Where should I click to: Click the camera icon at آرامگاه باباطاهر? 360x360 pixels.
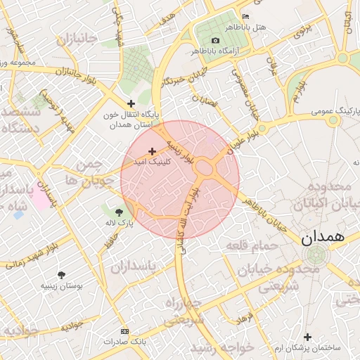coord(214,40)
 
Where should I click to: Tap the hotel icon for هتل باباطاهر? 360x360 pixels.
coord(245,16)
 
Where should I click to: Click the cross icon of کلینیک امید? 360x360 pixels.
coord(152,151)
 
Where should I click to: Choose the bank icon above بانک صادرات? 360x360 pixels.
coord(125,330)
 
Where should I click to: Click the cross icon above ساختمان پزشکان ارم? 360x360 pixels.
coord(307,336)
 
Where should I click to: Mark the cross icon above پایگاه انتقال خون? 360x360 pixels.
coord(129,103)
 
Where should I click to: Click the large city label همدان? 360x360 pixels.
coord(324,238)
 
